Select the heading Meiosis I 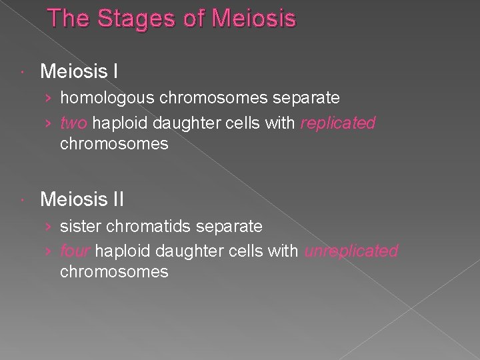tap(79, 71)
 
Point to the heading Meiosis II tap(82, 199)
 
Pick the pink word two tap(74, 123)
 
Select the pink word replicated tap(338, 123)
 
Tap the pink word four tap(75, 251)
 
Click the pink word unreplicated tap(351, 251)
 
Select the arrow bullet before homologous tap(49, 99)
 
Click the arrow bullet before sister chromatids tap(49, 227)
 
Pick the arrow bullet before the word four tap(49, 252)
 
